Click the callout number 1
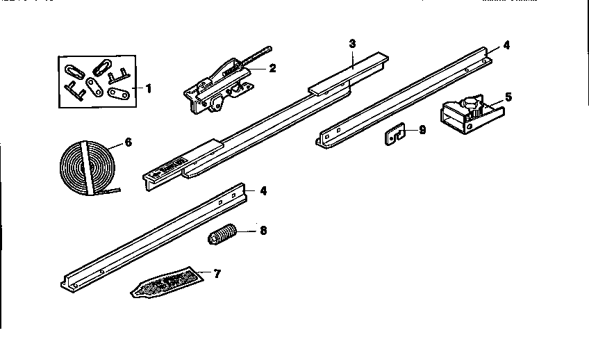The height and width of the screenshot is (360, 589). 148,88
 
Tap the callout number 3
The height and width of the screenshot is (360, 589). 352,43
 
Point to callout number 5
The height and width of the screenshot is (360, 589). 508,97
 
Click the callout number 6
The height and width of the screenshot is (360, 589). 127,144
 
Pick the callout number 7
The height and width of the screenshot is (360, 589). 217,275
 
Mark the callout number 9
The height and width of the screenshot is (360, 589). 422,129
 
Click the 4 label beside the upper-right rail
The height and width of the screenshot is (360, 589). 506,45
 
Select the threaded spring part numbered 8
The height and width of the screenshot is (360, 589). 222,237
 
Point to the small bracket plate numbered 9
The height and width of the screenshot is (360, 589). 395,136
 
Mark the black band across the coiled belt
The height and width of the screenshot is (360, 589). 85,167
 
